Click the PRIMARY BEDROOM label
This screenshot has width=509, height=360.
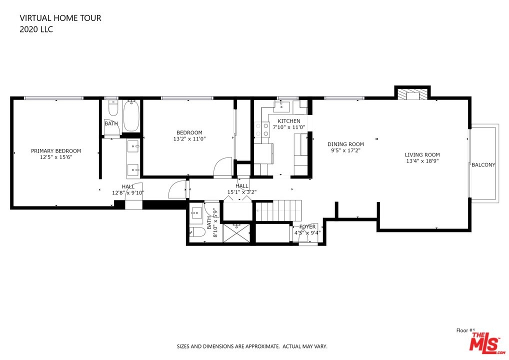(x=56, y=151)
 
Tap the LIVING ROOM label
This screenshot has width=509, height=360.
(x=422, y=155)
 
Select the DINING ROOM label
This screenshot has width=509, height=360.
(x=345, y=144)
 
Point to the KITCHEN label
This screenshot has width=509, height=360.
(x=288, y=121)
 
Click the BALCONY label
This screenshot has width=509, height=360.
(x=483, y=165)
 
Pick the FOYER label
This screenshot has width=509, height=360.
(x=307, y=226)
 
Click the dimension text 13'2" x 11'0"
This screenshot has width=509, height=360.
(x=189, y=139)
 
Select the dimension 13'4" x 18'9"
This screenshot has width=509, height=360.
(x=422, y=161)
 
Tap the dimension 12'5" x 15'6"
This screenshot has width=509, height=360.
(x=56, y=157)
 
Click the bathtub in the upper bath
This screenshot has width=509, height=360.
(x=131, y=116)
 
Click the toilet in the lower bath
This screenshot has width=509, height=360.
(x=197, y=232)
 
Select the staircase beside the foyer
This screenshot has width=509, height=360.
(x=279, y=210)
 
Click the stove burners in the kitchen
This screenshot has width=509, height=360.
(x=262, y=129)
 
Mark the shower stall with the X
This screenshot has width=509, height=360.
(x=236, y=232)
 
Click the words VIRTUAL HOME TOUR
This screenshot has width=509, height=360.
(x=60, y=18)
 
